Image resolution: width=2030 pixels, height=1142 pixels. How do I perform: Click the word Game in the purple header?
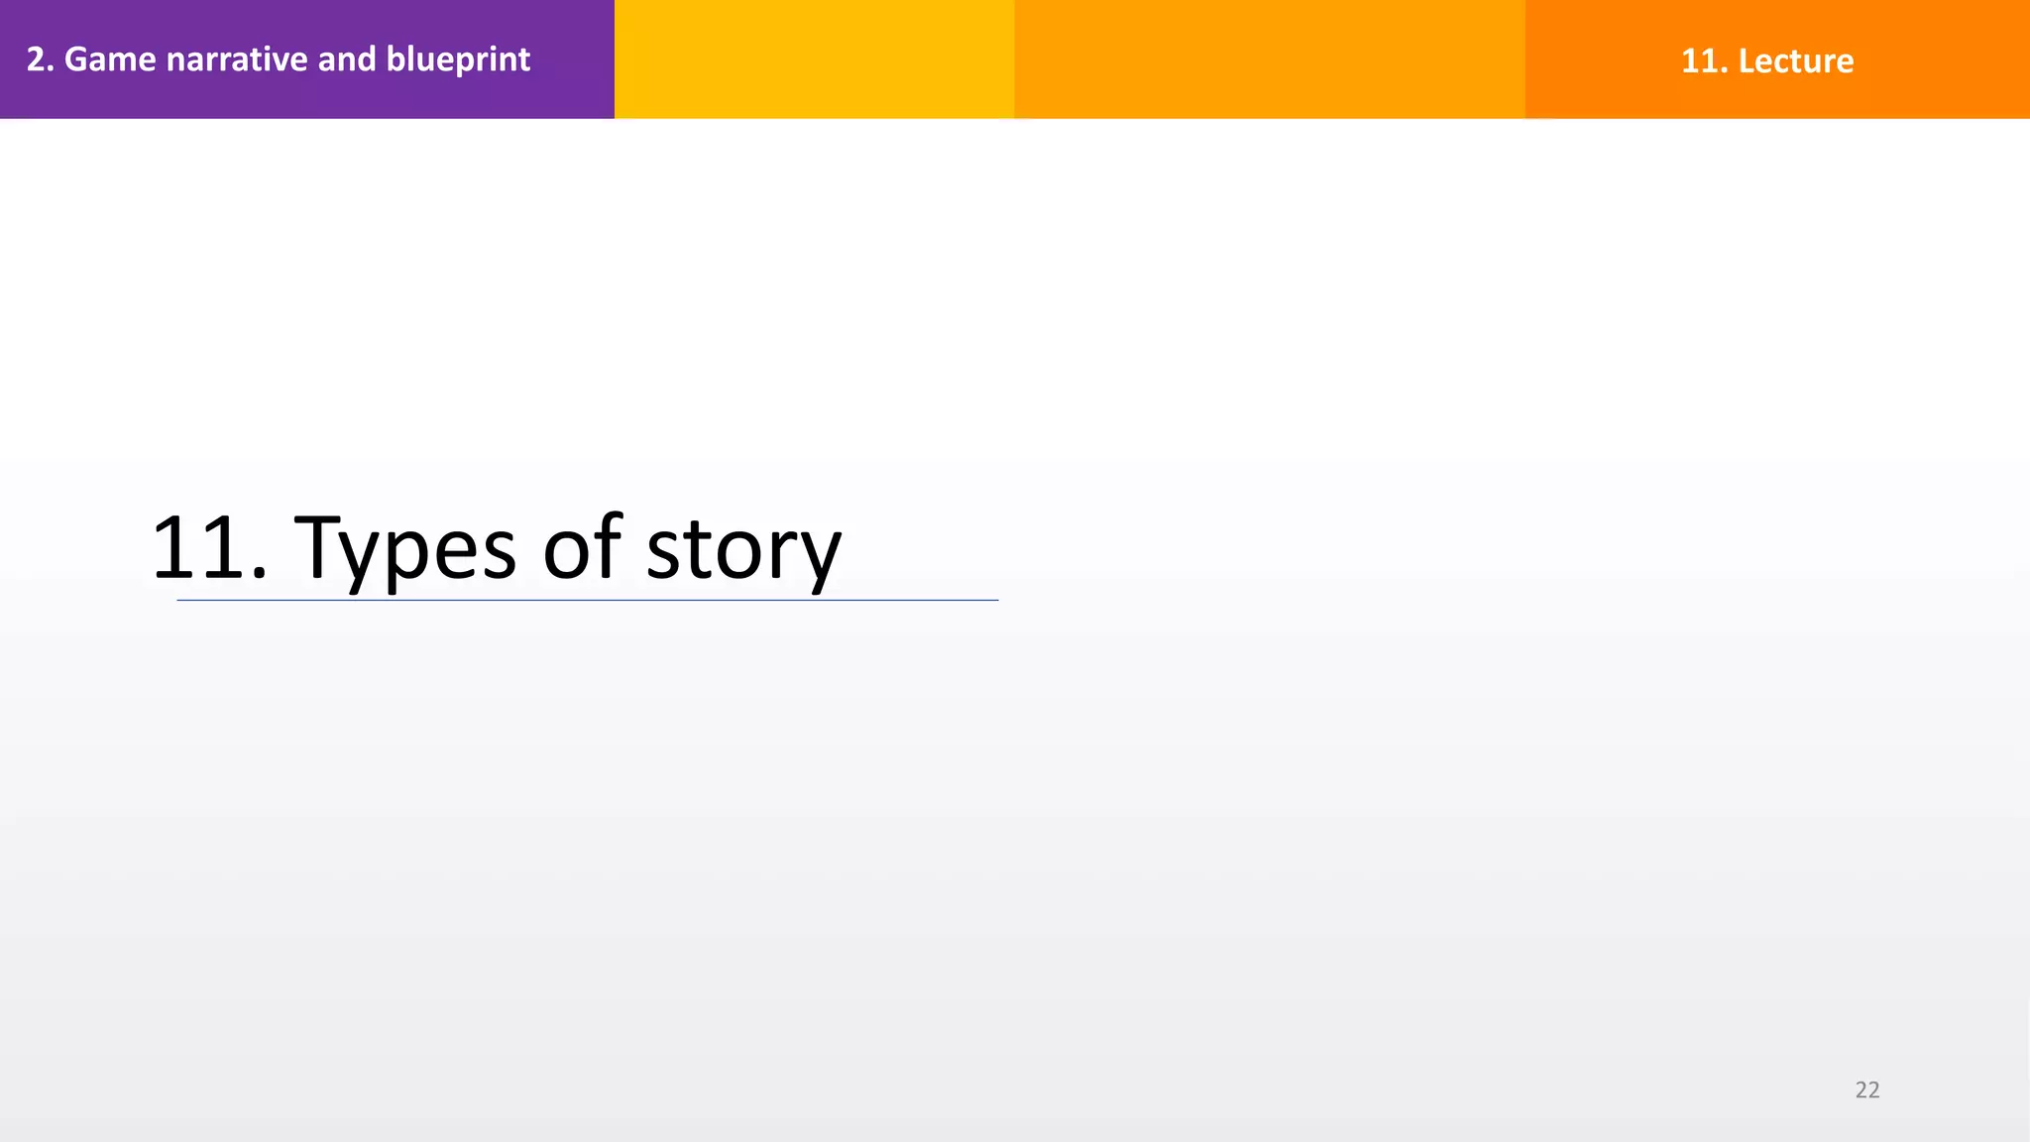(110, 59)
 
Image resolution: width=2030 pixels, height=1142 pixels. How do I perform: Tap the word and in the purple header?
(347, 59)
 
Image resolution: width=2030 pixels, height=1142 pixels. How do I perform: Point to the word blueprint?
(458, 60)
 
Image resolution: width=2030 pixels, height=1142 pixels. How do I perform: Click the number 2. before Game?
(40, 59)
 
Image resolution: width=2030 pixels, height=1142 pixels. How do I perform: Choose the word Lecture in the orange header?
(1795, 60)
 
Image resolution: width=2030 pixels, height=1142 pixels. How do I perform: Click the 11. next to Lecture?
(1704, 60)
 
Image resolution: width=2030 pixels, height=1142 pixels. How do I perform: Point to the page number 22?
(1867, 1089)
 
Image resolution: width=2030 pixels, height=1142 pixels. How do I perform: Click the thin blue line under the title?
(587, 600)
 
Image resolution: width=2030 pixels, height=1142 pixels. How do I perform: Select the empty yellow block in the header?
(814, 59)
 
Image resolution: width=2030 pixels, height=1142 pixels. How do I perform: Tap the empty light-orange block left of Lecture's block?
(1269, 59)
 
